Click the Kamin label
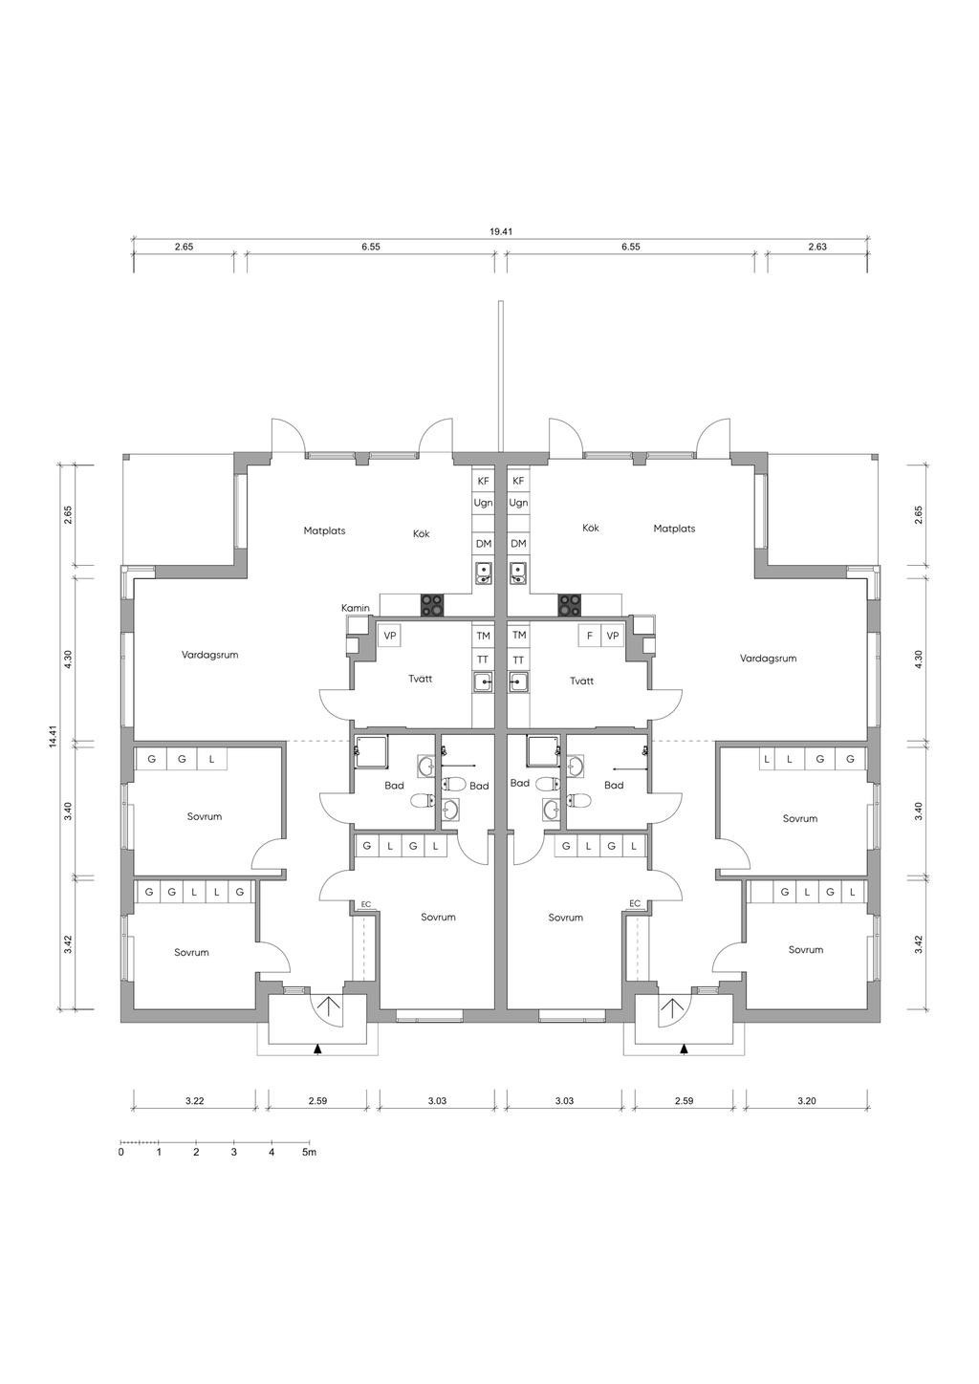point(356,608)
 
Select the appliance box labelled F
point(590,636)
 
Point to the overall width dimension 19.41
point(502,231)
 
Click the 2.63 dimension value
point(816,247)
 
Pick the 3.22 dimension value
point(194,1101)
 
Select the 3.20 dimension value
point(807,1101)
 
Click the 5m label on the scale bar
point(309,1153)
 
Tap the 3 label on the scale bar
point(234,1153)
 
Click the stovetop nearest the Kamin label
point(433,605)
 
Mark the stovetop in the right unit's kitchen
point(570,605)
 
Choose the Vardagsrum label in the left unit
point(209,656)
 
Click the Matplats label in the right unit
point(674,529)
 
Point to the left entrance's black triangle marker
point(318,1049)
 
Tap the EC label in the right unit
point(635,904)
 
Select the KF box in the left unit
point(484,482)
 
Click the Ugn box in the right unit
point(519,503)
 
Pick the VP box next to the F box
point(613,636)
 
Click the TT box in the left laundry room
point(484,660)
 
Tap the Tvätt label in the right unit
point(581,681)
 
